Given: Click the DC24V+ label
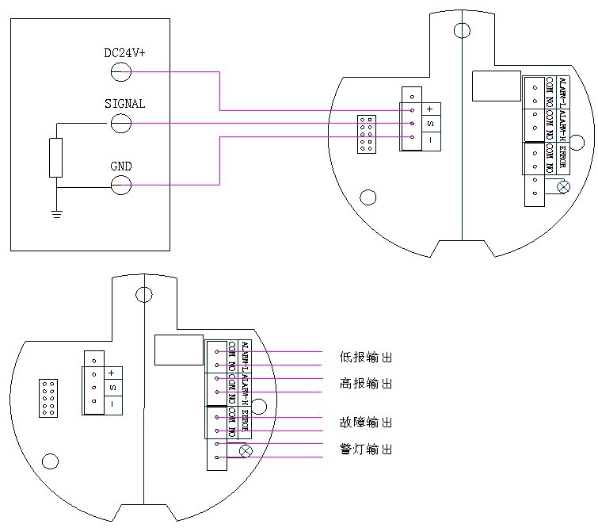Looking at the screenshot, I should (125, 53).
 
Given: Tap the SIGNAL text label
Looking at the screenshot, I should (125, 104).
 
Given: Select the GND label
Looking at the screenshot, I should (121, 166).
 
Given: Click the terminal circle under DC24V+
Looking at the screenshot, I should (121, 72).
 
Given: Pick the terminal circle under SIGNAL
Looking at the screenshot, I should (121, 123).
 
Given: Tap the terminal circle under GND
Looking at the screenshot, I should (121, 186).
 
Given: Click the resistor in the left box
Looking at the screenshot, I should (55, 157).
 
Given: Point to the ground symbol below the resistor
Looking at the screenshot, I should (56, 213).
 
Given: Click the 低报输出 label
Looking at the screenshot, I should (365, 358).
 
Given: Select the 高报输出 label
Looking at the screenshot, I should (365, 384).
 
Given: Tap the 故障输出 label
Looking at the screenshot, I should (365, 423).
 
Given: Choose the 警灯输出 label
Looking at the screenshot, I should (365, 450).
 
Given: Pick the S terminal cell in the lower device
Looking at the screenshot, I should (112, 388).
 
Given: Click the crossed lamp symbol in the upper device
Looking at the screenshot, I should (563, 187).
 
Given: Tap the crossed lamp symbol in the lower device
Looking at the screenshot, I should (246, 450).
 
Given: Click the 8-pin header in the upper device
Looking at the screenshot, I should (366, 134).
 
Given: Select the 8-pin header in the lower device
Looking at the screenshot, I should (48, 398).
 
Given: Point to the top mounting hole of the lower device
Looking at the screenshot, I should (143, 295).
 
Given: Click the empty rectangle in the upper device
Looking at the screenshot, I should (496, 86).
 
